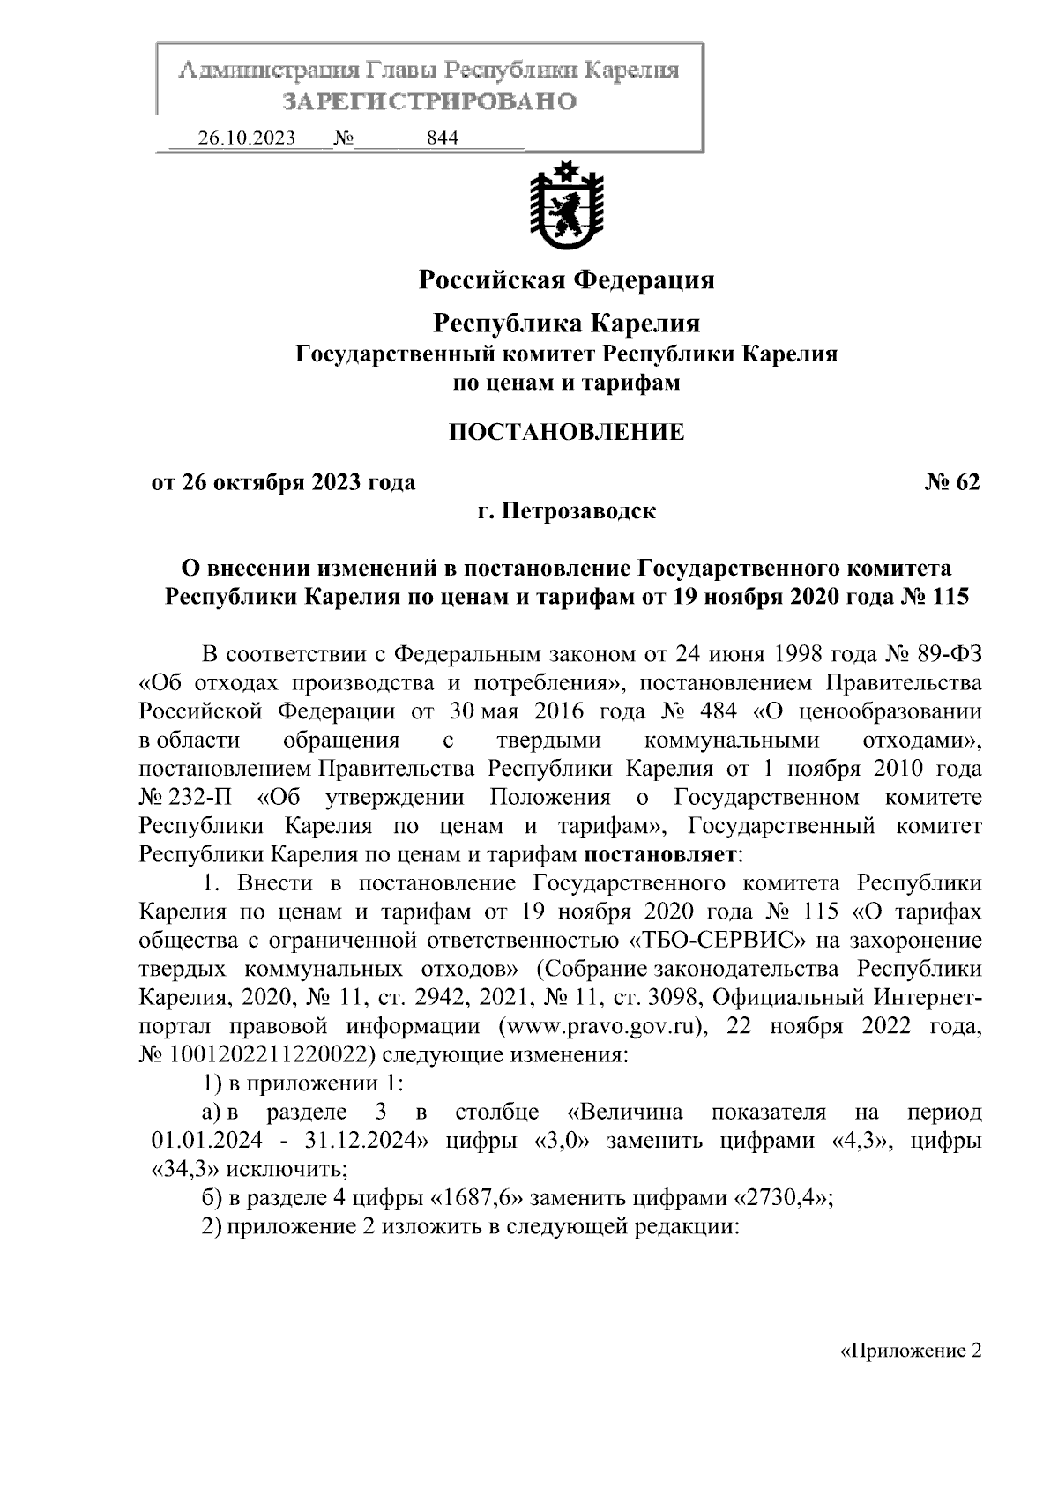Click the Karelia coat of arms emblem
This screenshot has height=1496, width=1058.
[565, 205]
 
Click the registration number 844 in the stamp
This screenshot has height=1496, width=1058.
[442, 138]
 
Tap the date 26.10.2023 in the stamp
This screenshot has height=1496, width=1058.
[246, 138]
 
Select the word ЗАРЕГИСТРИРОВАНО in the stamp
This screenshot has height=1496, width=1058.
[429, 101]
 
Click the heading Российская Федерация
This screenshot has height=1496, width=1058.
[566, 280]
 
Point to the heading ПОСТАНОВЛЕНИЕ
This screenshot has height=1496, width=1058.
[566, 432]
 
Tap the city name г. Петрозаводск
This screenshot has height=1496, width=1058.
[566, 510]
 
